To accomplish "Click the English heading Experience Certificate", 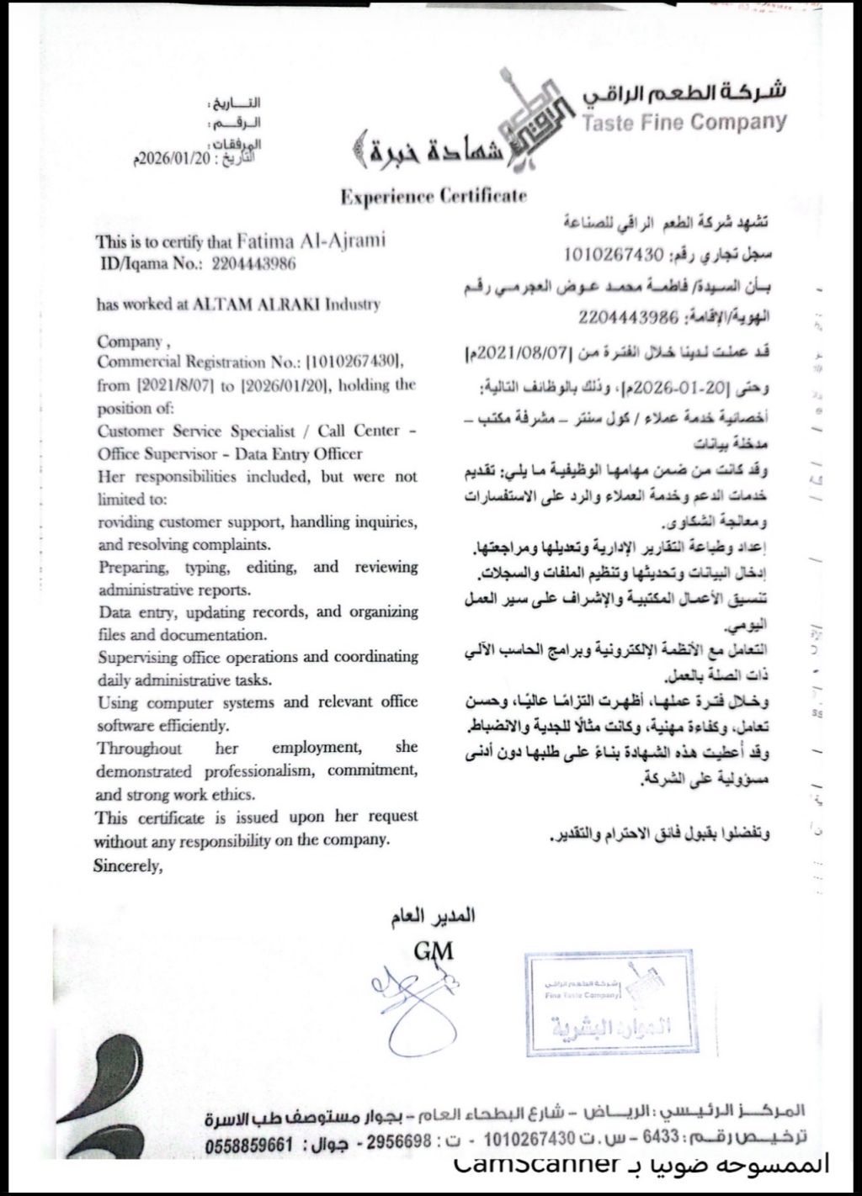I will coord(434,197).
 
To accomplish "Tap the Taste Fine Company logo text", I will coord(684,123).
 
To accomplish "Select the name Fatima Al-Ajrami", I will coord(311,241).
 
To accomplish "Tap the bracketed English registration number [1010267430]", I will coord(357,363).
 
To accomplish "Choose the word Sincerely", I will coord(126,865).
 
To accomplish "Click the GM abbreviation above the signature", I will coord(434,951).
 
